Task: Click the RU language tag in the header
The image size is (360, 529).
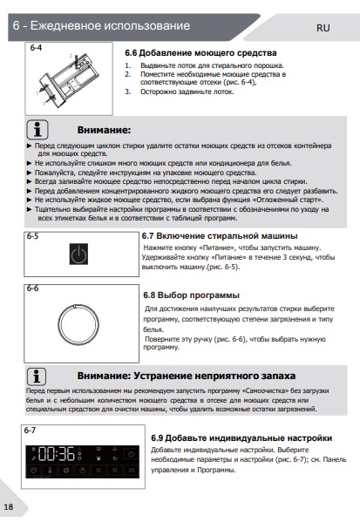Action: pos(323,28)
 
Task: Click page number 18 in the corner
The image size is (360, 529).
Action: pos(9,506)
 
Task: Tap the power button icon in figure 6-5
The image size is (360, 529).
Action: pos(78,254)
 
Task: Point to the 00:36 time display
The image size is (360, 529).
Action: pos(57,454)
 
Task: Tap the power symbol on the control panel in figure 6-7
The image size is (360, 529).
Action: pos(131,454)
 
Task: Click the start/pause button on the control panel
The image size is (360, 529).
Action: pos(131,470)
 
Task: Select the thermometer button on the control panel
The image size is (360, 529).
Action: pos(50,470)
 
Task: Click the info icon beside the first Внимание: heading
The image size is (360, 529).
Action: pos(37,130)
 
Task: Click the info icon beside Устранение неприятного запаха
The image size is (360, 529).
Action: pos(37,376)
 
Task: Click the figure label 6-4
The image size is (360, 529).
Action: pos(36,48)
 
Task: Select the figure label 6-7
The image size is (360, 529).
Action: pos(30,431)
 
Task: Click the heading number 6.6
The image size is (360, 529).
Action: pos(131,53)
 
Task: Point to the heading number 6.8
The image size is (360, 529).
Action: pos(149,295)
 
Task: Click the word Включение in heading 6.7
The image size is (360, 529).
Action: pos(178,236)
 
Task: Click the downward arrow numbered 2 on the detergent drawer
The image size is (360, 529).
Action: pos(77,60)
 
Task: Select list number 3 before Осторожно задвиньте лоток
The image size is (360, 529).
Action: pos(127,92)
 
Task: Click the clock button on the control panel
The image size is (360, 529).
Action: pos(33,470)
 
